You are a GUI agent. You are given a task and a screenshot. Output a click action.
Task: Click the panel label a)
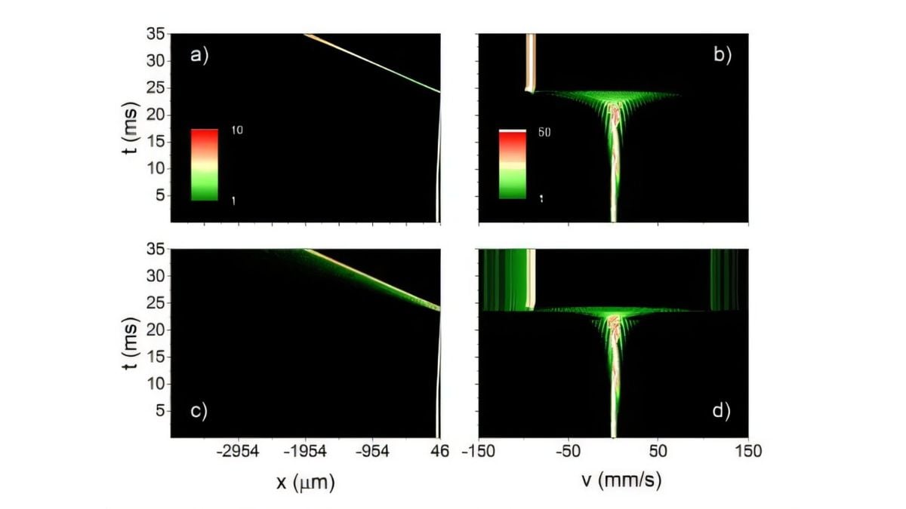(x=199, y=56)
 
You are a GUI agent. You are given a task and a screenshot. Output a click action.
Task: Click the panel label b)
(x=723, y=56)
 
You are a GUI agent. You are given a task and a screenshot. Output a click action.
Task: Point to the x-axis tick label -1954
(x=306, y=452)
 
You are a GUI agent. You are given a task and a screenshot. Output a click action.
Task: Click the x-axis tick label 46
(x=439, y=452)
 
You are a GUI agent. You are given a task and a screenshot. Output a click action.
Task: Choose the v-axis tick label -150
(x=477, y=452)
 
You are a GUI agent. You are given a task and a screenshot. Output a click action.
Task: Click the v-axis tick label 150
(x=747, y=452)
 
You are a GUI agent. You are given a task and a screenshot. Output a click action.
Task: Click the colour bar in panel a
(x=205, y=164)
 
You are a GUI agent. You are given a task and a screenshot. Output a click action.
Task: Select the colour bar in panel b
(x=512, y=164)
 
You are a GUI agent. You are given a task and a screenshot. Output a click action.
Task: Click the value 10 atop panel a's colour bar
(x=236, y=131)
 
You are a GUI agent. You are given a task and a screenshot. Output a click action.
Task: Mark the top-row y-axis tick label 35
(x=155, y=34)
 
